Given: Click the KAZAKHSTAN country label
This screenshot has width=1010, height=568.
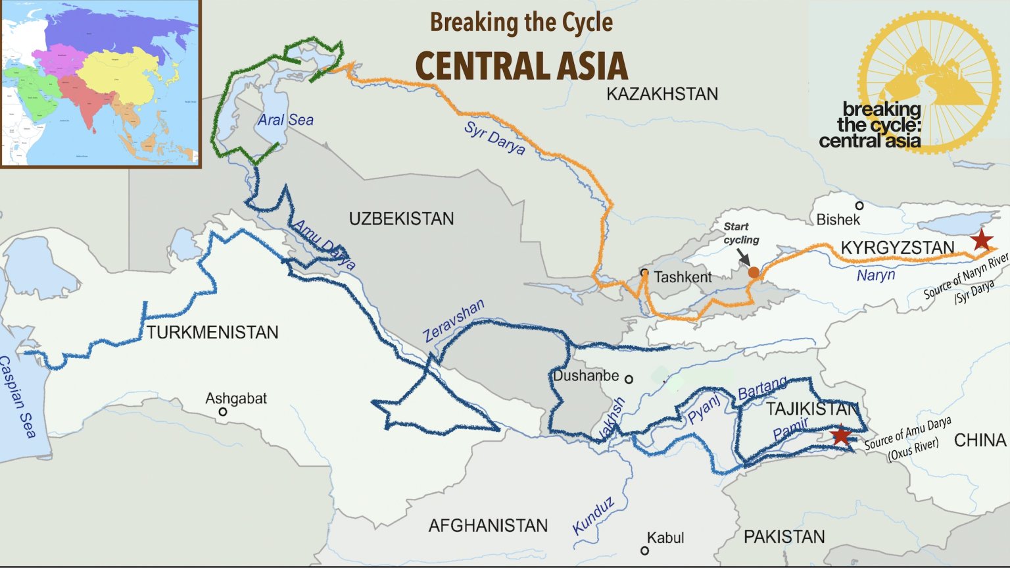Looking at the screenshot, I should pyautogui.click(x=661, y=94).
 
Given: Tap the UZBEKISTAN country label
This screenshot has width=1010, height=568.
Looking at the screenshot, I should pyautogui.click(x=401, y=219).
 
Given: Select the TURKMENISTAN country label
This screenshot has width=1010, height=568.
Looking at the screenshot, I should pyautogui.click(x=212, y=332).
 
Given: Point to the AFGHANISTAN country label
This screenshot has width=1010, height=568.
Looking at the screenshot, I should pyautogui.click(x=488, y=525).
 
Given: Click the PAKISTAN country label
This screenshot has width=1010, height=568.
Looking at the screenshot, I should pyautogui.click(x=784, y=537).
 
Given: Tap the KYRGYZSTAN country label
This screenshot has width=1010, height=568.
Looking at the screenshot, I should pyautogui.click(x=898, y=248).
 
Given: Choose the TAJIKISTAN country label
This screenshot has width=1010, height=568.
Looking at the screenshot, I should pyautogui.click(x=813, y=409).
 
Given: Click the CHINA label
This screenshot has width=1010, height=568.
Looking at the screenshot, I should pyautogui.click(x=980, y=440).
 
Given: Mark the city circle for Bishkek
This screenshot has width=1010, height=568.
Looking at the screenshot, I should pyautogui.click(x=859, y=206).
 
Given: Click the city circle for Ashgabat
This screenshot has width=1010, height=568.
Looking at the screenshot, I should pyautogui.click(x=223, y=412).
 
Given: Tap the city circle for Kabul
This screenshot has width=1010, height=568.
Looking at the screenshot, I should pyautogui.click(x=644, y=550).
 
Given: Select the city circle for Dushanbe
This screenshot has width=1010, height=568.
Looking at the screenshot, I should pyautogui.click(x=629, y=379).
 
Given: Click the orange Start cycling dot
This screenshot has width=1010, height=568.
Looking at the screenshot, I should pyautogui.click(x=754, y=272).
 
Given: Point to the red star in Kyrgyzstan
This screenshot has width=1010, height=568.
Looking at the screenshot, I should pyautogui.click(x=982, y=240).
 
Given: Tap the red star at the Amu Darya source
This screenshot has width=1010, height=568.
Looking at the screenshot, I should pyautogui.click(x=840, y=436).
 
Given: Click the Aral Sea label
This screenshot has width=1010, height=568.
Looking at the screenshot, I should pyautogui.click(x=285, y=120).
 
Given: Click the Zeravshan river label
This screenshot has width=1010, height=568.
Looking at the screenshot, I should pyautogui.click(x=453, y=320).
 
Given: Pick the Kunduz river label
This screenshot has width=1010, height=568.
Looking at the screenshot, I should pyautogui.click(x=593, y=515).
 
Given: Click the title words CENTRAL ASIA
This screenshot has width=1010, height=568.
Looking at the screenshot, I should pyautogui.click(x=521, y=66).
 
